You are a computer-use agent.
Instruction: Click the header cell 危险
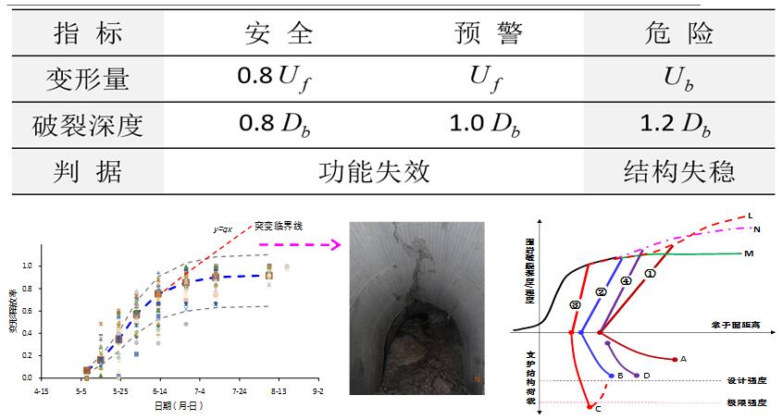(677, 35)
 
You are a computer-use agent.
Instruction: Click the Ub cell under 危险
(677, 80)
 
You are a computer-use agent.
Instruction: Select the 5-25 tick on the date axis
(120, 392)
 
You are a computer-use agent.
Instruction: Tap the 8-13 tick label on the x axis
(279, 392)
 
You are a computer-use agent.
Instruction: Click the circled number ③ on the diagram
(576, 303)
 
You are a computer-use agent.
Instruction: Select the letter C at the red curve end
(598, 408)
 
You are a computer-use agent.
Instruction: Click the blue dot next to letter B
(612, 375)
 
